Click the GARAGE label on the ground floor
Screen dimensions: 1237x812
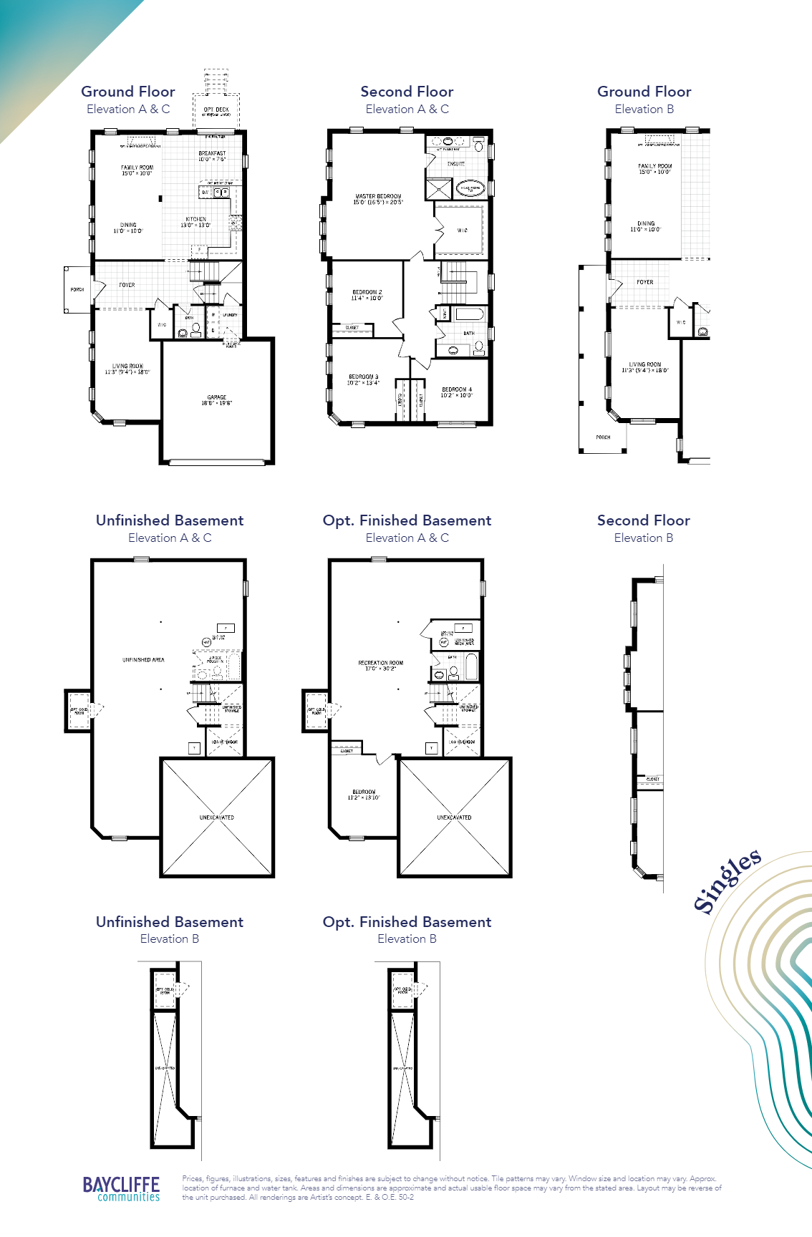(x=217, y=397)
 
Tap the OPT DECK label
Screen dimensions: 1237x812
(x=216, y=110)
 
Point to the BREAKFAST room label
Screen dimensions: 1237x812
(x=212, y=153)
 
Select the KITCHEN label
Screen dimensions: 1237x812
(x=195, y=220)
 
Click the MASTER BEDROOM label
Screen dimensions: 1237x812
(x=378, y=196)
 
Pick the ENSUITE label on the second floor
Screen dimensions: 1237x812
(x=456, y=164)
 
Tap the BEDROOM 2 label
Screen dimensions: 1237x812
(x=367, y=292)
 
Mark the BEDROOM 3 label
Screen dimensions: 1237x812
(x=363, y=377)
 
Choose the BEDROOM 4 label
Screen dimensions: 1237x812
(x=457, y=390)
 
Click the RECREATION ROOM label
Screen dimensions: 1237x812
(x=380, y=663)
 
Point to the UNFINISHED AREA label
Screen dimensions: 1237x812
(x=143, y=660)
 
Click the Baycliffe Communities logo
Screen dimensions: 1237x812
(x=121, y=1188)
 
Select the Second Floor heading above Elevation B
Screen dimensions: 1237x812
(x=643, y=520)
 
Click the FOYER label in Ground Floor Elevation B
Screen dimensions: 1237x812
(x=644, y=282)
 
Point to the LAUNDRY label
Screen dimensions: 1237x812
(x=230, y=315)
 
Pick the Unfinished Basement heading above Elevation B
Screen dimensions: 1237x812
(x=170, y=922)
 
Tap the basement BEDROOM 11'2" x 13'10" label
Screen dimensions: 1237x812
(x=364, y=792)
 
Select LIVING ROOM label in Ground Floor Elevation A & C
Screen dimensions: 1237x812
(x=127, y=366)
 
